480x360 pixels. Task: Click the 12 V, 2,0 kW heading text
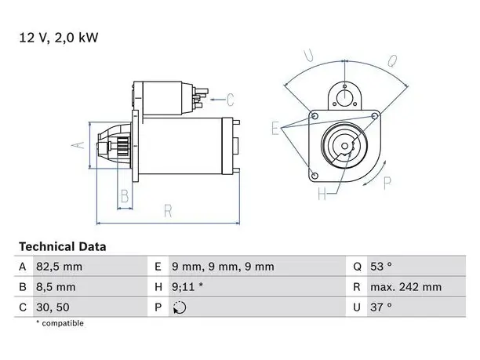click(x=59, y=38)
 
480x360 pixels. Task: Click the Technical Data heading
click(x=63, y=247)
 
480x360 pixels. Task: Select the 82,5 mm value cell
click(x=59, y=267)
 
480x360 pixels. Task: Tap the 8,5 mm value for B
click(x=56, y=287)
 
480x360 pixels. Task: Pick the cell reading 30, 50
click(x=53, y=307)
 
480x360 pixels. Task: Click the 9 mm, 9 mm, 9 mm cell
click(x=223, y=267)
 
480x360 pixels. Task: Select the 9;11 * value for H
click(x=187, y=287)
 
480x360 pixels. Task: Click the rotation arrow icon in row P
click(x=180, y=307)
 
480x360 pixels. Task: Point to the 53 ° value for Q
click(x=381, y=267)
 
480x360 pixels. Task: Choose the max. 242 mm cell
click(x=406, y=287)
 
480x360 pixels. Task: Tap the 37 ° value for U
click(x=381, y=307)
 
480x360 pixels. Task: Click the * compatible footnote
click(x=60, y=323)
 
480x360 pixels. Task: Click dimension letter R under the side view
click(x=168, y=211)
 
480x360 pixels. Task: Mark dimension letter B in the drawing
click(x=125, y=196)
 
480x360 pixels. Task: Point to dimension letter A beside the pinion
click(x=78, y=145)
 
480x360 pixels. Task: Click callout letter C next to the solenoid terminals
click(x=231, y=100)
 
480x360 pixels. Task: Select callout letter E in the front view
click(x=275, y=128)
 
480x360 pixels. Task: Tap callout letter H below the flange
click(x=322, y=194)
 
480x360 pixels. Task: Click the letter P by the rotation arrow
click(x=387, y=184)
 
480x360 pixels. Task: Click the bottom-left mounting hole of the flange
click(x=315, y=176)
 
